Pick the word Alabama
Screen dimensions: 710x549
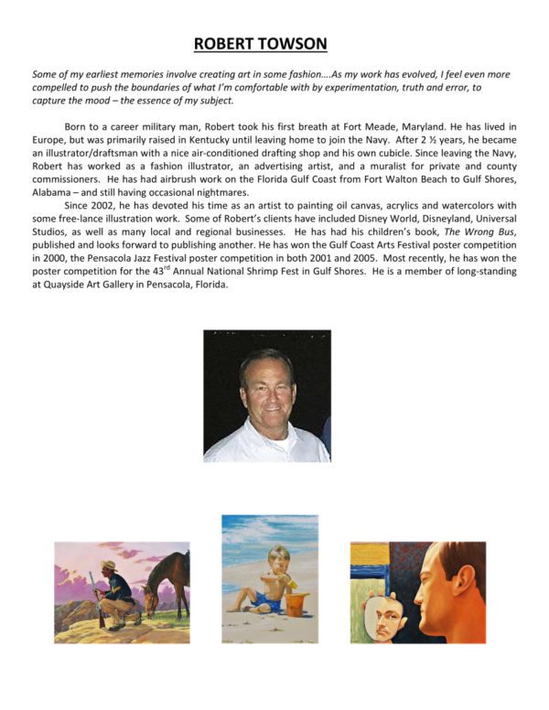(x=54, y=191)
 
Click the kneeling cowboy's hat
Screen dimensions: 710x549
(x=109, y=565)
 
